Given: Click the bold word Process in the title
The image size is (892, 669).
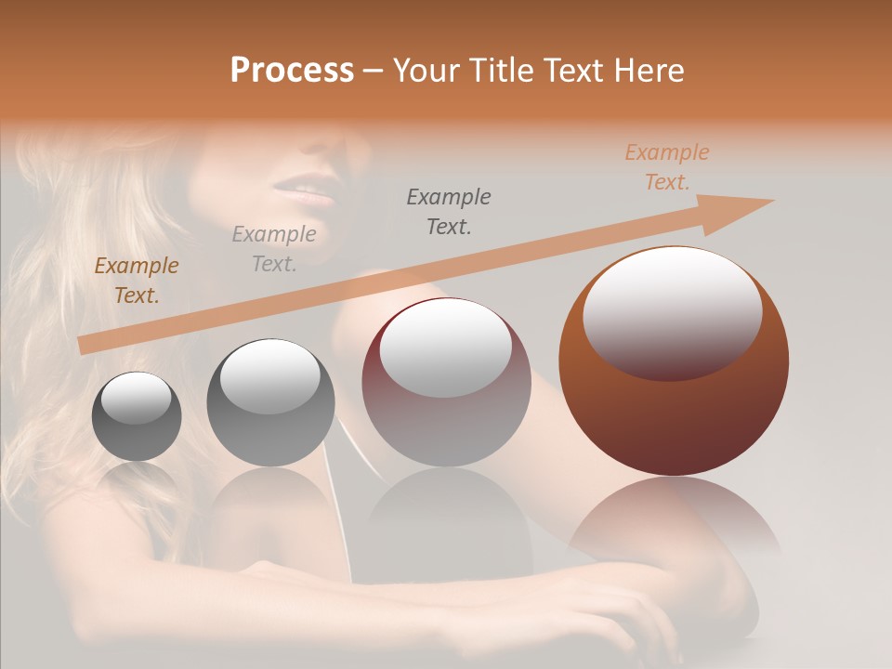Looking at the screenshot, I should click(292, 71).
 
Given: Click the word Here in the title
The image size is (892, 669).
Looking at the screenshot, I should click(649, 71).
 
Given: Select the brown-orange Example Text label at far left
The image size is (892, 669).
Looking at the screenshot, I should click(136, 281).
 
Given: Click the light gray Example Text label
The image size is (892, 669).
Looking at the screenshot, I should click(273, 249).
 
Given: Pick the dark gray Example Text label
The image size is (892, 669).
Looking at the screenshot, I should click(449, 211).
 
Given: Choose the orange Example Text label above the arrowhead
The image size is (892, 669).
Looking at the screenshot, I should click(666, 167).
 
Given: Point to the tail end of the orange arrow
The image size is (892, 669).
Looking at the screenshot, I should click(81, 346).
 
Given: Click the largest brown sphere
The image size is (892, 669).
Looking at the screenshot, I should click(674, 409).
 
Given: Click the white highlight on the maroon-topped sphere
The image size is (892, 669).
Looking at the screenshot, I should click(445, 348).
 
